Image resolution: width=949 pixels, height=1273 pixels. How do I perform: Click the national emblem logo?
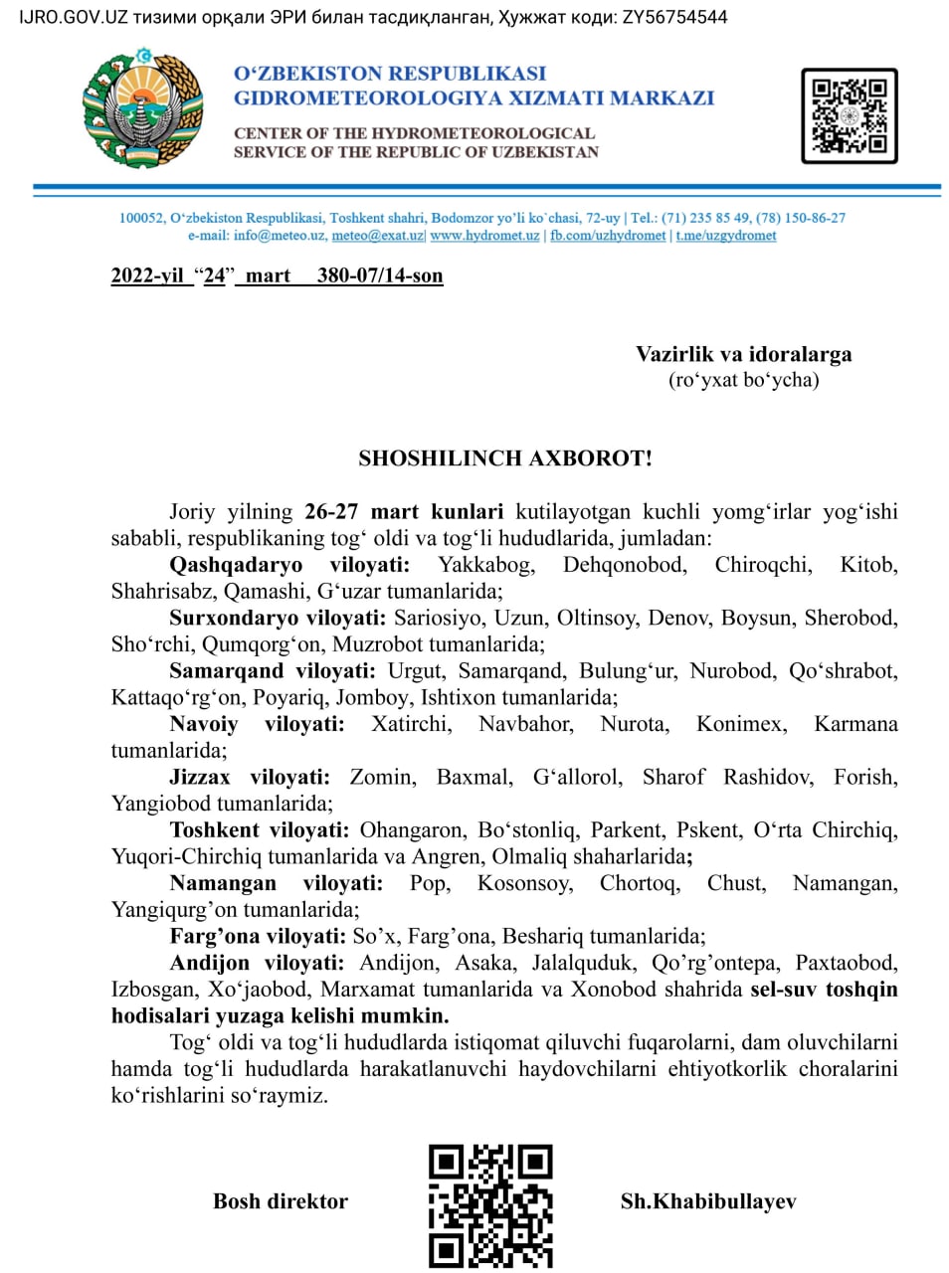143,107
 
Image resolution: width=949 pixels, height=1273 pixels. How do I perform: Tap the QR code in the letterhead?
849,115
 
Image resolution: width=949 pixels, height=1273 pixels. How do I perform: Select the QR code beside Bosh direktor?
490,1204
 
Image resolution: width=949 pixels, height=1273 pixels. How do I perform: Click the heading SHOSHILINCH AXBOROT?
505,458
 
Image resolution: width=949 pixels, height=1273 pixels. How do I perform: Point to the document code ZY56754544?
674,17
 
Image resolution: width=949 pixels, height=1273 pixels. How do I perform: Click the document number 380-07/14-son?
380,275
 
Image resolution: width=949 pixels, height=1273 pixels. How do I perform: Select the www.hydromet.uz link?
484,236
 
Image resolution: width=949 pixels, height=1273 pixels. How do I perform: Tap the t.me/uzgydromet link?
726,236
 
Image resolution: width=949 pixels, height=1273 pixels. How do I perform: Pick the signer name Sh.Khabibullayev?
708,1201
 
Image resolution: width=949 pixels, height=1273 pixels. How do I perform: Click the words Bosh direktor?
281,1201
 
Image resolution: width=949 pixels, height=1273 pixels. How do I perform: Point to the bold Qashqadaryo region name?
236,565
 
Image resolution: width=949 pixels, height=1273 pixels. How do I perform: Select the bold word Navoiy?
203,724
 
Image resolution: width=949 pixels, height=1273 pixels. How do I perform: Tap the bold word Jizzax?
199,777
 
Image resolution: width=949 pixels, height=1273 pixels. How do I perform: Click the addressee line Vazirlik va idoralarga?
743,354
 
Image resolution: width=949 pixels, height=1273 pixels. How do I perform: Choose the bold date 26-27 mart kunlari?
404,512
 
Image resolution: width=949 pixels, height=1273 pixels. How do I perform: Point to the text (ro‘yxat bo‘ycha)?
743,380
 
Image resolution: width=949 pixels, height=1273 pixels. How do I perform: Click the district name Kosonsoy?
524,883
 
